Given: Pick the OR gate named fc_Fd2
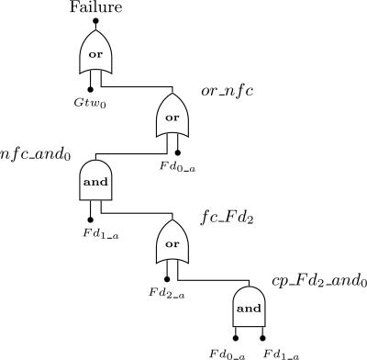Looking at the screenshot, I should pyautogui.click(x=172, y=242).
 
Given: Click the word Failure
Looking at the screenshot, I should pyautogui.click(x=95, y=9).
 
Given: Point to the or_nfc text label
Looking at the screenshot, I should pyautogui.click(x=227, y=92).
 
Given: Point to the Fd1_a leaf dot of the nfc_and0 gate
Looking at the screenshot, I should pyautogui.click(x=90, y=218).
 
